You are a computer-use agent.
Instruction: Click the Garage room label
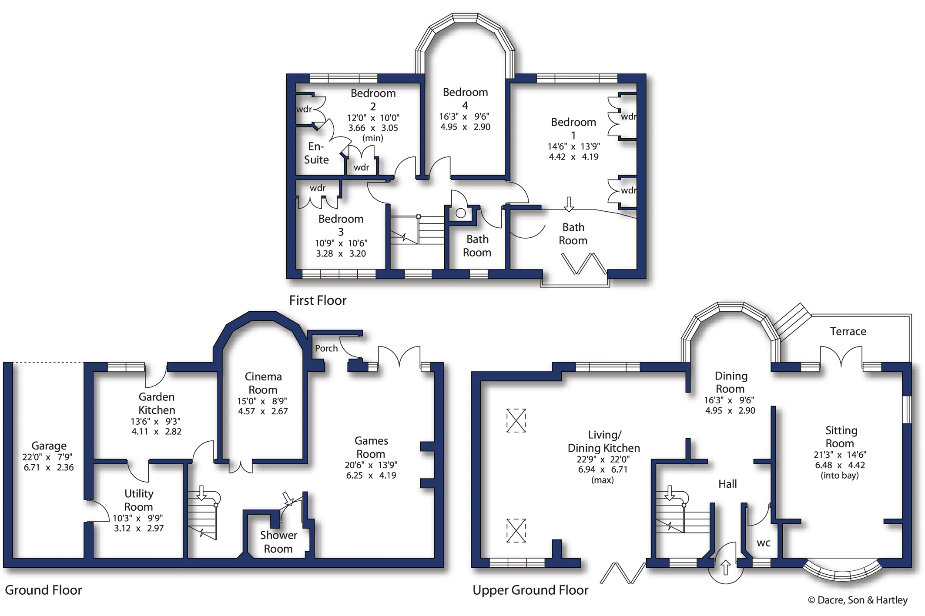click(x=49, y=446)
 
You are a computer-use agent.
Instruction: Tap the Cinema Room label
click(x=263, y=383)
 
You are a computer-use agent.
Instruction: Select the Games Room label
click(x=371, y=447)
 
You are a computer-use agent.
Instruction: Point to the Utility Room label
click(x=139, y=500)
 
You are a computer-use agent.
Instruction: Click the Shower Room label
click(x=278, y=542)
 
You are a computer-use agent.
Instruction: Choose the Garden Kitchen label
click(x=157, y=403)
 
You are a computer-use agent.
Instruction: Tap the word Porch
click(x=326, y=348)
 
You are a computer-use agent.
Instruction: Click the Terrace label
click(x=848, y=332)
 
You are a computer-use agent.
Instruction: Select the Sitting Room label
click(x=841, y=437)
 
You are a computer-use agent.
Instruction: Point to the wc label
click(x=764, y=543)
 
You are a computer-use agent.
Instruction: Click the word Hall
click(x=727, y=484)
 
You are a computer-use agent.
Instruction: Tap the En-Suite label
click(x=316, y=153)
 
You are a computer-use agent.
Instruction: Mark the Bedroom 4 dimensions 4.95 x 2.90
click(x=465, y=127)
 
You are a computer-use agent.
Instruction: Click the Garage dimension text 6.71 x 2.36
click(x=49, y=468)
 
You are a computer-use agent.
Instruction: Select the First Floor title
click(x=318, y=300)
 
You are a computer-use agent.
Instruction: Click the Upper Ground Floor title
click(x=530, y=590)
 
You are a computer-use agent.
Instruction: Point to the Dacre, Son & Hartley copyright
click(x=858, y=600)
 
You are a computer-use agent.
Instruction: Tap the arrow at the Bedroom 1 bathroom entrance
click(x=569, y=204)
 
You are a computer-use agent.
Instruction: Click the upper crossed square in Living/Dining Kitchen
click(x=516, y=420)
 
